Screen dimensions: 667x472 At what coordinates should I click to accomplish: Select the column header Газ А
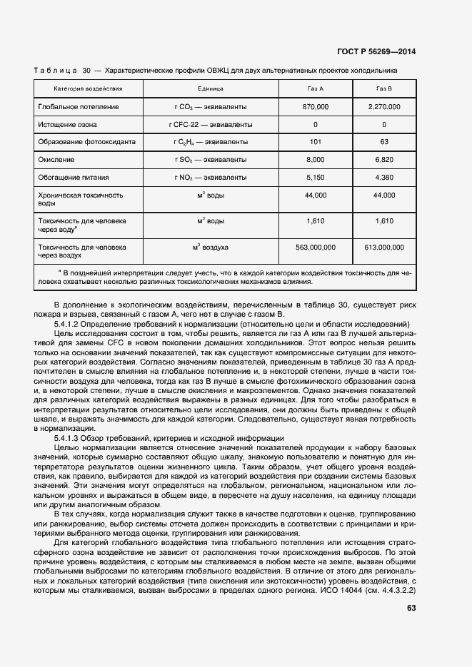click(x=315, y=88)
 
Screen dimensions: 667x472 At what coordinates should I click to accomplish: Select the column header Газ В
click(x=384, y=88)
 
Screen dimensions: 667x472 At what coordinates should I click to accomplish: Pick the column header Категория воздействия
click(x=89, y=88)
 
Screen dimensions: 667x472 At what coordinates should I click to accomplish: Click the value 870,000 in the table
click(x=315, y=106)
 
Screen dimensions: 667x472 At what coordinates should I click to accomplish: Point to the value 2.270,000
click(x=384, y=106)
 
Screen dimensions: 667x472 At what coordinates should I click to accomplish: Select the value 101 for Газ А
click(x=315, y=141)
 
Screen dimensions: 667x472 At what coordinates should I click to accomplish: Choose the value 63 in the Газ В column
click(x=384, y=141)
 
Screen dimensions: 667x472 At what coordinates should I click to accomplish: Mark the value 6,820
click(x=384, y=159)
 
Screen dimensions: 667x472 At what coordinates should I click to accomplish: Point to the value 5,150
click(x=315, y=176)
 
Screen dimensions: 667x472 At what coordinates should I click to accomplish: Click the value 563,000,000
click(x=315, y=247)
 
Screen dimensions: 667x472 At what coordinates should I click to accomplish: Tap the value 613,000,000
click(x=384, y=247)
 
